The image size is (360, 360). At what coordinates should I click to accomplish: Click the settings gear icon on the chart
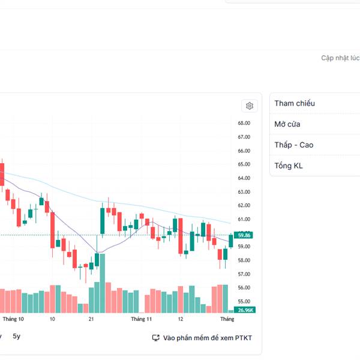[250, 106]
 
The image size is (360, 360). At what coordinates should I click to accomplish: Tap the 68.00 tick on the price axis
[244, 123]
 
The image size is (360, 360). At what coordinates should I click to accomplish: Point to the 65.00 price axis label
[244, 164]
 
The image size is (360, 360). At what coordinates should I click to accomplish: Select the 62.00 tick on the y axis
[244, 205]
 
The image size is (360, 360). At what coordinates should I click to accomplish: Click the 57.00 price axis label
[244, 274]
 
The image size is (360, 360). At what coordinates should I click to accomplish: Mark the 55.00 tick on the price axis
[244, 301]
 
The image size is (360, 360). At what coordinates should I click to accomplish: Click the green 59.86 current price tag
[244, 235]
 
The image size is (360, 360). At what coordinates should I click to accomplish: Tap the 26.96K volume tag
[245, 310]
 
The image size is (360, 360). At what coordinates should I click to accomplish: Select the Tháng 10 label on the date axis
[13, 320]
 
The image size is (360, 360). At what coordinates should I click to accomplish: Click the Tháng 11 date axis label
[142, 320]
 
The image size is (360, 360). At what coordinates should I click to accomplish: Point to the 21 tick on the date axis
[91, 320]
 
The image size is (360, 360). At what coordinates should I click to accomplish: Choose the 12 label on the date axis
[181, 320]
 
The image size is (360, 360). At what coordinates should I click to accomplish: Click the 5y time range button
[16, 337]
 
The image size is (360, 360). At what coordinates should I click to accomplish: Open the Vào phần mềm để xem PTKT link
[208, 338]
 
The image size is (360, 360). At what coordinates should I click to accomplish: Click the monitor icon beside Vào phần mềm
[156, 338]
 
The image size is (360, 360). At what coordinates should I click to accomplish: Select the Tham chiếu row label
[295, 103]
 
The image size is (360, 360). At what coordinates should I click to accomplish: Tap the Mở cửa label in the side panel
[287, 124]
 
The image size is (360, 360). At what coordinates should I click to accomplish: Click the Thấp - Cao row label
[294, 145]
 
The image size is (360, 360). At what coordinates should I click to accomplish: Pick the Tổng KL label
[289, 166]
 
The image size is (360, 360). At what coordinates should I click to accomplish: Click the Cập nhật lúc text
[340, 58]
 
